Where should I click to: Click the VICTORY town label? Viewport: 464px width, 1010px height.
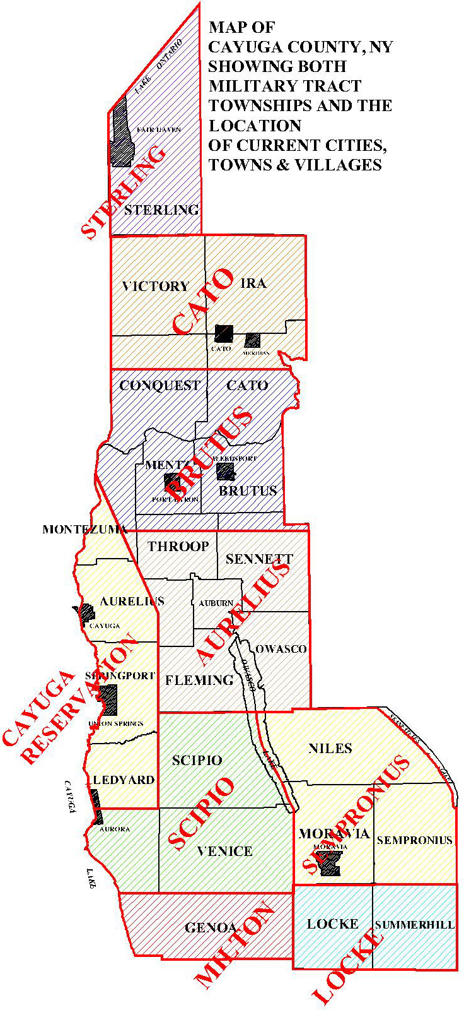pos(155,287)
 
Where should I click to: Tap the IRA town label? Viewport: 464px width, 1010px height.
pos(253,283)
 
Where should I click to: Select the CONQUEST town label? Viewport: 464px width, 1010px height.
pos(159,386)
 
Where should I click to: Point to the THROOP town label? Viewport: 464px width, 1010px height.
pos(178,547)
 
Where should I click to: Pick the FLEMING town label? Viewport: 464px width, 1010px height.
pos(199,680)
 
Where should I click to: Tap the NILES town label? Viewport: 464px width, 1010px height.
pos(330,749)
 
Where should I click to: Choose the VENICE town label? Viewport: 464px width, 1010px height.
pos(224,852)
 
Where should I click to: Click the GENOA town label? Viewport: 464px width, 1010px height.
pos(211,928)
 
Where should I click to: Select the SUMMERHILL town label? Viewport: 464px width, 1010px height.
pos(414,925)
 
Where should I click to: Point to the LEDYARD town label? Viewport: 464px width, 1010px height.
pos(124,780)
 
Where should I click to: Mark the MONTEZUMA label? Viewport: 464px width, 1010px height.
pos(85,530)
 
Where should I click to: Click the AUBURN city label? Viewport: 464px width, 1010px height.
pos(216,603)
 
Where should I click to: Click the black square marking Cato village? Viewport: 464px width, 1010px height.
pos(223,333)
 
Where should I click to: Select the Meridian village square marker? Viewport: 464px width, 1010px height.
pos(253,340)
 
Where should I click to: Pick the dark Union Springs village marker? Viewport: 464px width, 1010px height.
pos(108,700)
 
